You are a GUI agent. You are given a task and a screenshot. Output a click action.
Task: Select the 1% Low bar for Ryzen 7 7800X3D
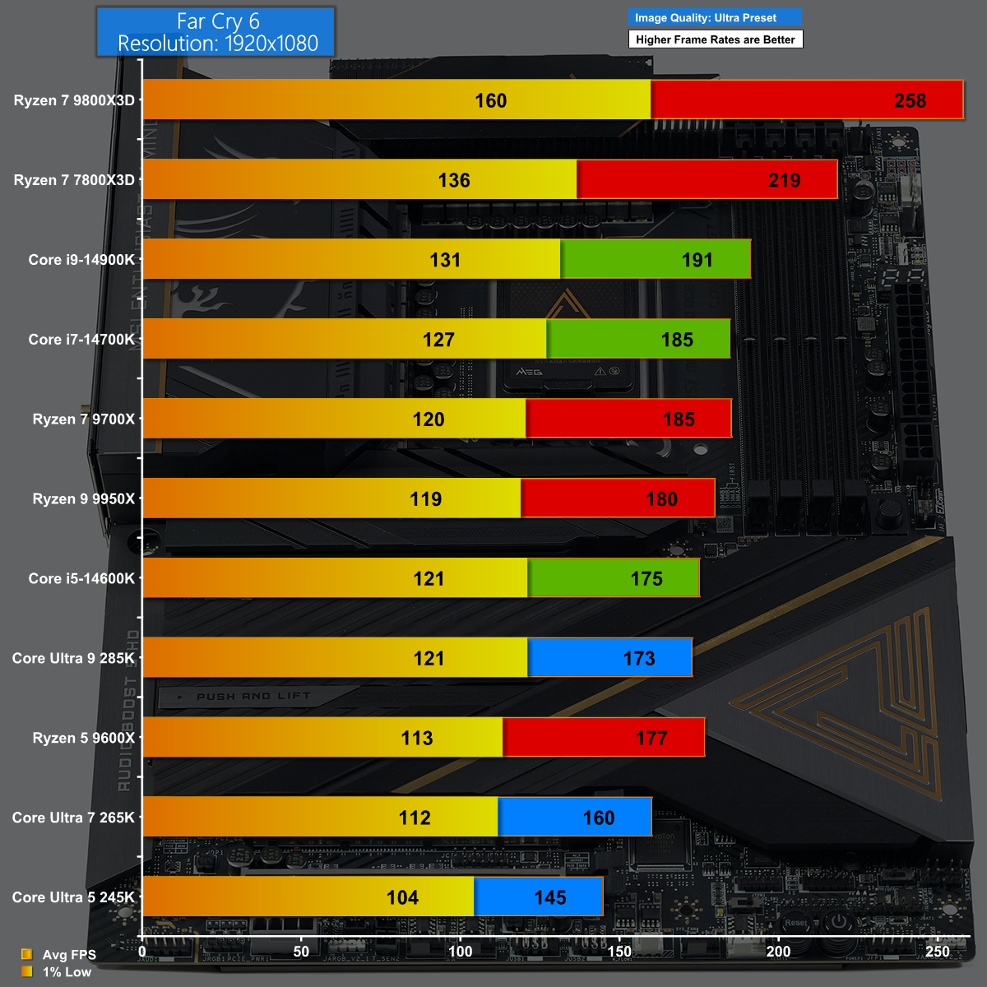coord(359,179)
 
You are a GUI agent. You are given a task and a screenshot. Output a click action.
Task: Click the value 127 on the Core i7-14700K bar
coord(438,340)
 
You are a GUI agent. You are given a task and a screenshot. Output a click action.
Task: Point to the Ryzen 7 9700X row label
coord(83,419)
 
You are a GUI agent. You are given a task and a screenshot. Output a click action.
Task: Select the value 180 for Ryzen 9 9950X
coord(661,499)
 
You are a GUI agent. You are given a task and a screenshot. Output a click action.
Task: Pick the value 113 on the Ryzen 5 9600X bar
coord(417,738)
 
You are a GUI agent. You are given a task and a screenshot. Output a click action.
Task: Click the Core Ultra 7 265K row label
coord(73,818)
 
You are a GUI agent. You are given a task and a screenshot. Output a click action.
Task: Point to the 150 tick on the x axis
coord(619,952)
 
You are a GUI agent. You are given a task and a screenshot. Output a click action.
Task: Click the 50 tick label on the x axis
coord(302,952)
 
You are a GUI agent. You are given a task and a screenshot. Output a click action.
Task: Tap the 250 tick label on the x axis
coord(938,952)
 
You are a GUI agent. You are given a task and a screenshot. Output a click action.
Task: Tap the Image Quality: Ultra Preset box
coord(715,18)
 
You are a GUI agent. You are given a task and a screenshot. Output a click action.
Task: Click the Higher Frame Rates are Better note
coord(715,39)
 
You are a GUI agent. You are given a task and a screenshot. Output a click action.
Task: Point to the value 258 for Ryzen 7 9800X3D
coord(910,100)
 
